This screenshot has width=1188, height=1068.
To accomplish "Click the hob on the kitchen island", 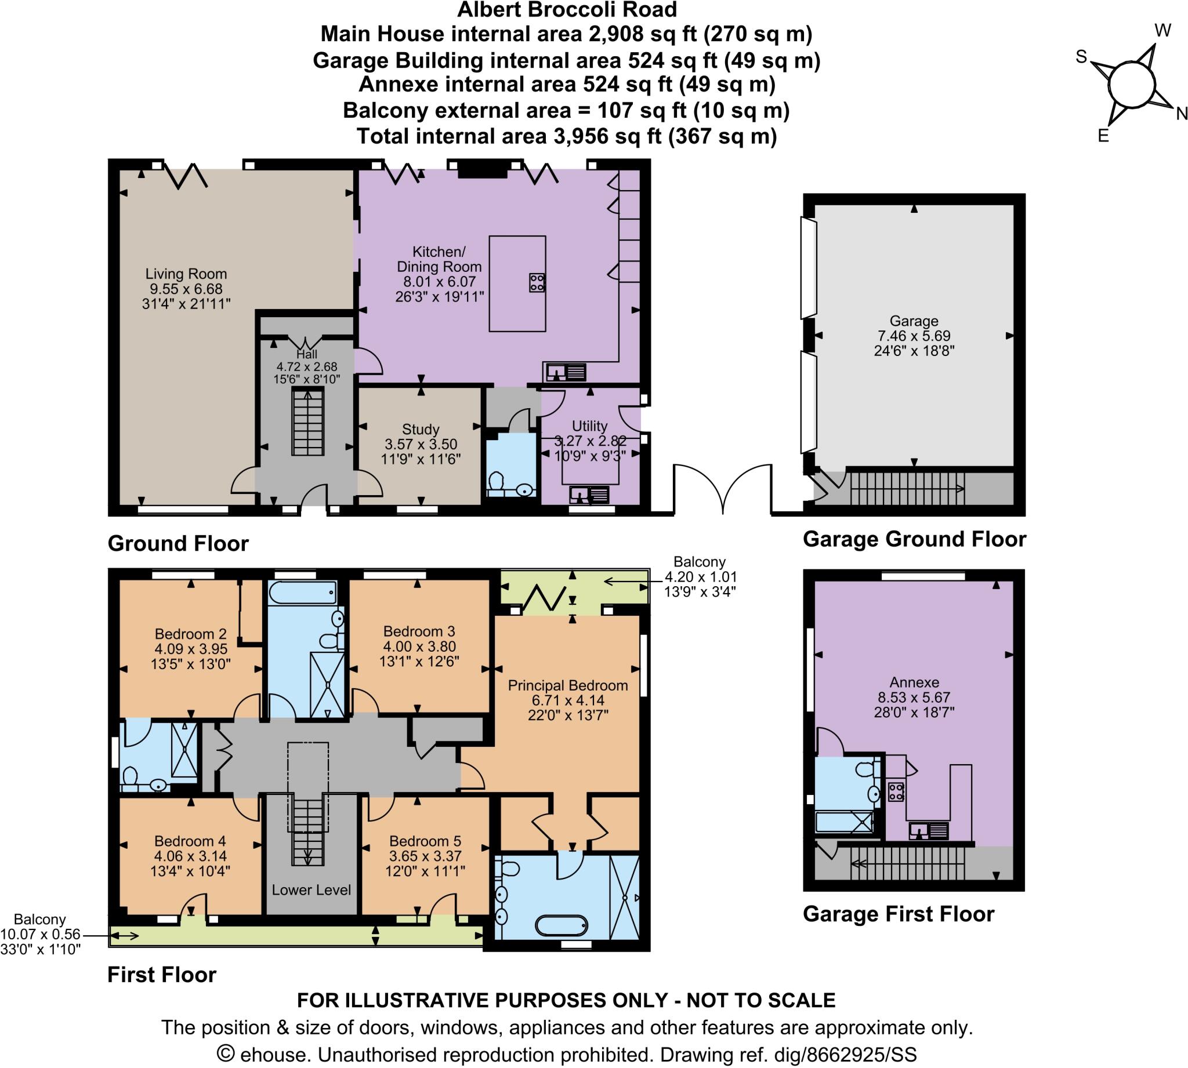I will pos(537,283).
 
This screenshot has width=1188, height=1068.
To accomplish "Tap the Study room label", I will pos(420,430).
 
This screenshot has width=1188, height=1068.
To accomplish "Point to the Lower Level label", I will pos(311,890).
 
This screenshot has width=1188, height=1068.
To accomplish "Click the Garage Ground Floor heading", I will pos(914,539).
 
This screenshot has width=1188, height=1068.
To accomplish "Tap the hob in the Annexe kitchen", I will pos(896,792).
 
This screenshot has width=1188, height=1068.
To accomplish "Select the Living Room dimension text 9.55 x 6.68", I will pos(186,289).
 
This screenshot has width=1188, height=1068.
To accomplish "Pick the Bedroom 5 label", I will pos(425,841).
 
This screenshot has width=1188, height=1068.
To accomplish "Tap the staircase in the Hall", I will pos(308,423).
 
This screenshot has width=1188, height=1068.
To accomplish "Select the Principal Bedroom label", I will pos(567,685).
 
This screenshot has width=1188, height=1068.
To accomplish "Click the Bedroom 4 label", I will pos(190,841).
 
